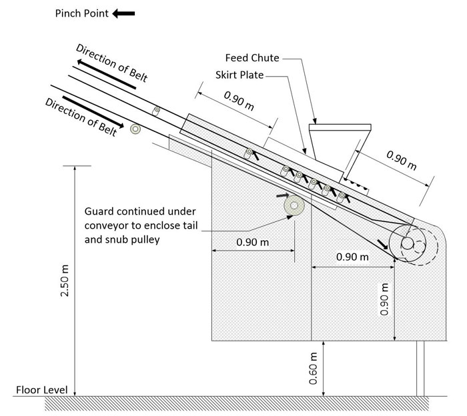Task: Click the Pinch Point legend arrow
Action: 124,13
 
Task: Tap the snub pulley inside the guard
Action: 292,207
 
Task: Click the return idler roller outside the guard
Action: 137,129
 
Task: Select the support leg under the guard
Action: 420,368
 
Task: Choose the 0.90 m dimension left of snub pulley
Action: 252,243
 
